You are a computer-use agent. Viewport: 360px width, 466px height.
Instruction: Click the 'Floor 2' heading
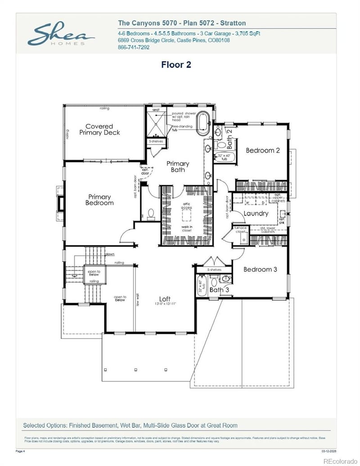click(x=176, y=64)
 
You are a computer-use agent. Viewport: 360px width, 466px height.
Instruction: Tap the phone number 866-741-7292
click(x=134, y=47)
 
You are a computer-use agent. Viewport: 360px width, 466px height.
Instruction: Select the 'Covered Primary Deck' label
click(x=99, y=130)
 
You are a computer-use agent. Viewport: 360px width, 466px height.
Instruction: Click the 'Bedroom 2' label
click(x=263, y=150)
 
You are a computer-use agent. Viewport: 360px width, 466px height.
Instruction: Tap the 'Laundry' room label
click(x=256, y=213)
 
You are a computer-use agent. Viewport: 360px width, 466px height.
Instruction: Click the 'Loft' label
click(x=165, y=299)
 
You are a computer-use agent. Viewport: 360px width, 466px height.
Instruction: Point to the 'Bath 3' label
click(x=219, y=290)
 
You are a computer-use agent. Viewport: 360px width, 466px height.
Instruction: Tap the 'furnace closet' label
click(x=241, y=230)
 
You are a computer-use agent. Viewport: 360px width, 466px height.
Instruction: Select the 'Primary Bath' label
click(x=178, y=167)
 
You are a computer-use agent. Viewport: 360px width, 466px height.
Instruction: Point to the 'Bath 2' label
click(x=229, y=139)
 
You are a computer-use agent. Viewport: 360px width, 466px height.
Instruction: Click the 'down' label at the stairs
click(x=110, y=254)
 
